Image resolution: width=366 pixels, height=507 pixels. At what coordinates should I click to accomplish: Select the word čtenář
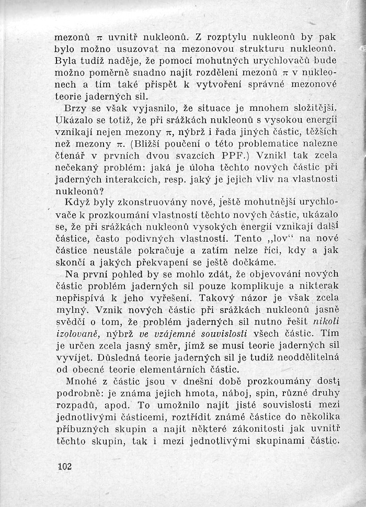[73, 156]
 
